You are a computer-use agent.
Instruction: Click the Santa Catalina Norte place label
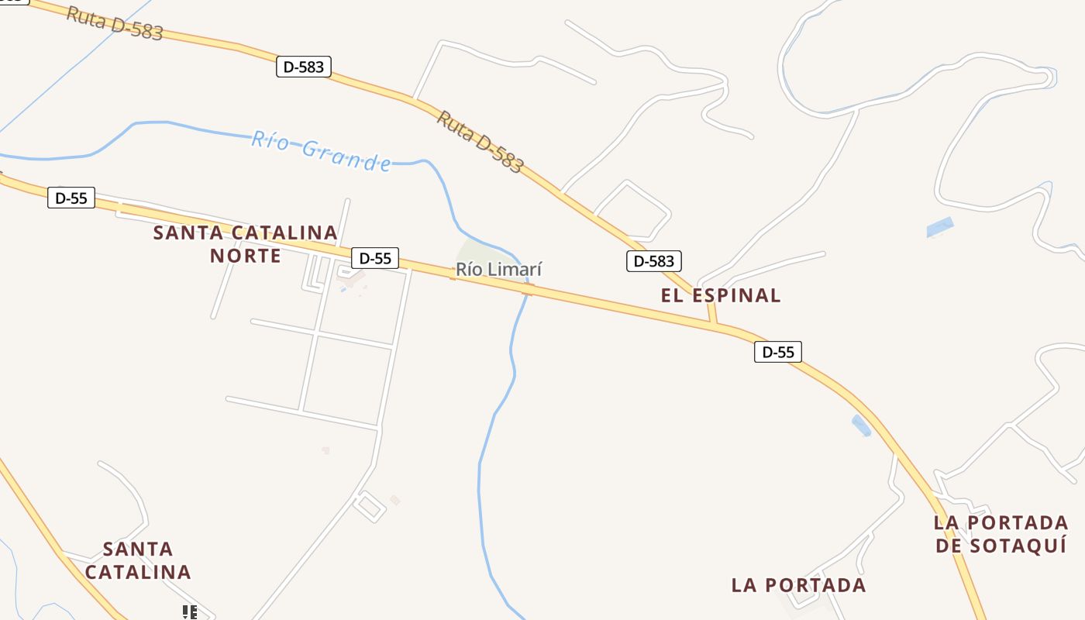click(245, 243)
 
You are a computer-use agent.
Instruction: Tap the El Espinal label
click(721, 295)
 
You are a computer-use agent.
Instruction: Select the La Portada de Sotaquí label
click(1001, 533)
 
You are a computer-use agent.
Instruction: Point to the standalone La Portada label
click(798, 585)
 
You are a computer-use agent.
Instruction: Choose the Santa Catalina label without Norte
click(138, 561)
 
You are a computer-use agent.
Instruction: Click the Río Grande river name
click(321, 150)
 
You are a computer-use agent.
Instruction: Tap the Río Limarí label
click(498, 270)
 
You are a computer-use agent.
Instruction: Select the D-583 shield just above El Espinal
click(653, 261)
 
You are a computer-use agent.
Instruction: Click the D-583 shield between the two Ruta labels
click(304, 67)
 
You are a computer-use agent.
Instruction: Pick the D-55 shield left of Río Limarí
click(375, 258)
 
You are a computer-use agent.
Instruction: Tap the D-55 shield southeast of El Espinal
click(778, 352)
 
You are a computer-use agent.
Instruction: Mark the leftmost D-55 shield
click(71, 198)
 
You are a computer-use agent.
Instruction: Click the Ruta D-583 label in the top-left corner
click(114, 24)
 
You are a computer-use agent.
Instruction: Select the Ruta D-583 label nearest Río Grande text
click(480, 142)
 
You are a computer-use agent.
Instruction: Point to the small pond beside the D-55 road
click(861, 425)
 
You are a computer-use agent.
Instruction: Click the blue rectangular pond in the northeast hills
click(940, 228)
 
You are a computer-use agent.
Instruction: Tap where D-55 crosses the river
click(528, 290)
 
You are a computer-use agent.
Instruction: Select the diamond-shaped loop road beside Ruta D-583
click(632, 209)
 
